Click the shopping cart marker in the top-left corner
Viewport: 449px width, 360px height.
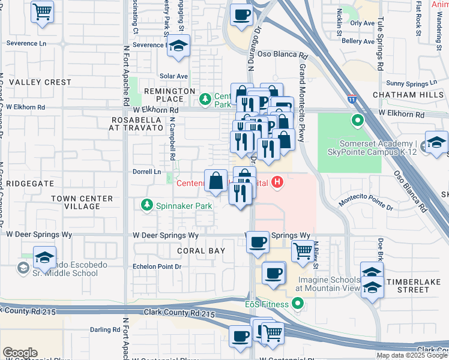[42, 11]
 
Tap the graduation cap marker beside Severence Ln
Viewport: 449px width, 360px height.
[178, 46]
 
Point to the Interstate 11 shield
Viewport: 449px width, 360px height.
[352, 98]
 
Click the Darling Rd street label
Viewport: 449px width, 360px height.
[105, 329]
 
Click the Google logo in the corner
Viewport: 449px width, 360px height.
[20, 353]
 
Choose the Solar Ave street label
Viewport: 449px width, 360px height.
[173, 76]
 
